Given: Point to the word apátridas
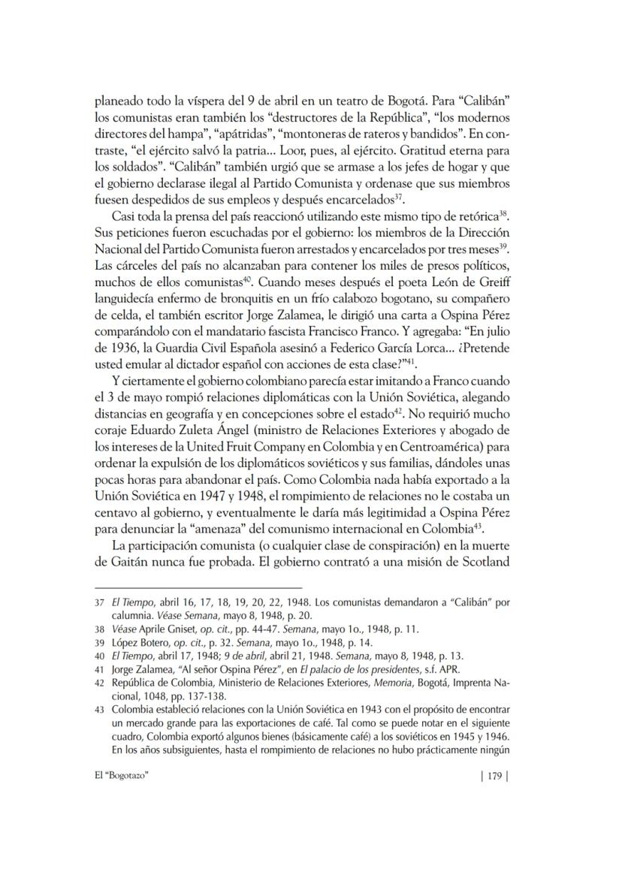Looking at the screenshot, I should coord(236,133).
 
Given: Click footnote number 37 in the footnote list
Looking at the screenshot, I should coord(100,602).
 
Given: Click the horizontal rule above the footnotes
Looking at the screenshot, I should coord(198,588).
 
